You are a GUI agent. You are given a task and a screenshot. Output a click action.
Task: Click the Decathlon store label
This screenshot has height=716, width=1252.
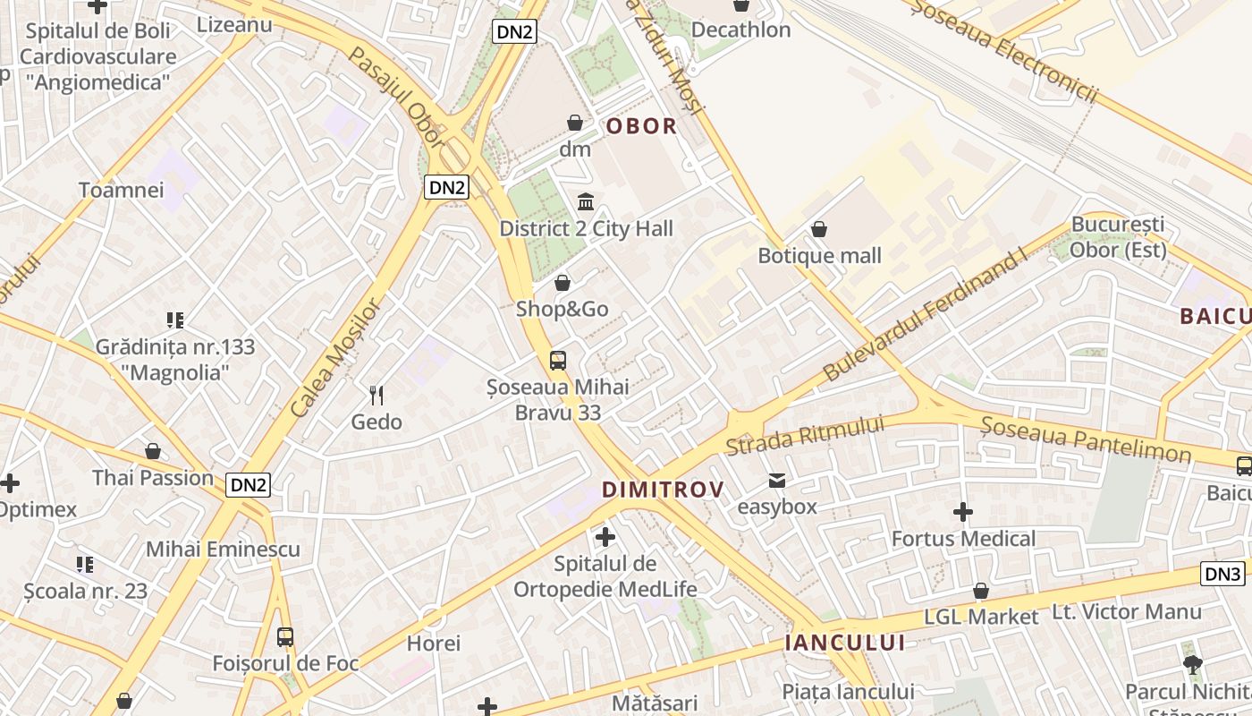point(741,30)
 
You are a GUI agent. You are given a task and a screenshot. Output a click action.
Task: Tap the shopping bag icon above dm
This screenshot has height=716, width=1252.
point(575,123)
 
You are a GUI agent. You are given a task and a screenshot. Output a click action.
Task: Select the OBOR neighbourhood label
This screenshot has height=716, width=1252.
point(641,126)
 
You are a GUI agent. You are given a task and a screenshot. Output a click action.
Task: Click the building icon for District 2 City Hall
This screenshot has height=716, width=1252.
point(586,201)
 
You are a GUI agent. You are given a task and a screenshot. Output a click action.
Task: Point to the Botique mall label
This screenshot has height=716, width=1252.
point(819,256)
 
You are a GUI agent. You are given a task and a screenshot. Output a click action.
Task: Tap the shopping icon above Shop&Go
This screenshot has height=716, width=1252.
point(563,284)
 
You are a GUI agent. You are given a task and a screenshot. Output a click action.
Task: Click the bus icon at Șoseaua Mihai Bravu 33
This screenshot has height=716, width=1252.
point(558,361)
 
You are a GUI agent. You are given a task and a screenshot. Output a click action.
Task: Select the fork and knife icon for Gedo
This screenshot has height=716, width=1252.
point(376,395)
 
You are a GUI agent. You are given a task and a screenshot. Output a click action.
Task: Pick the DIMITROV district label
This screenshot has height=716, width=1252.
point(663,490)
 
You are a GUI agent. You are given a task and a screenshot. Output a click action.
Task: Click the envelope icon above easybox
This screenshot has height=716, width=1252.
point(777,481)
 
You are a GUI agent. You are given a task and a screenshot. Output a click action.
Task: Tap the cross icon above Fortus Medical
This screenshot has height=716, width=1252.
point(963,512)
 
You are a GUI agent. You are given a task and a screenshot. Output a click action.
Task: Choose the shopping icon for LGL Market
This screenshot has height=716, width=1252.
point(981,591)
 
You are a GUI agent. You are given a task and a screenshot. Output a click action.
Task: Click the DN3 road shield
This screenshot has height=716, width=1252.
point(1222,575)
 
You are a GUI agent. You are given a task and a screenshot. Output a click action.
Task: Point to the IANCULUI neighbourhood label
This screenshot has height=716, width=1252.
point(844,643)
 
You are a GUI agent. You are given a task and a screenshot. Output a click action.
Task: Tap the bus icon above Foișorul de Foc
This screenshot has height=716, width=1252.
point(285,637)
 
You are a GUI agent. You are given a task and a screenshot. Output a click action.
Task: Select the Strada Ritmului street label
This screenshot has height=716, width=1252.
point(805,435)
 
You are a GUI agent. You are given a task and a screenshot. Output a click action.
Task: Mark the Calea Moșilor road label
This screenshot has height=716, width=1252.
point(336,357)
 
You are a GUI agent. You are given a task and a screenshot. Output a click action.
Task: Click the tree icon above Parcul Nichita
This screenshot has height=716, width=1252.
point(1192,664)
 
